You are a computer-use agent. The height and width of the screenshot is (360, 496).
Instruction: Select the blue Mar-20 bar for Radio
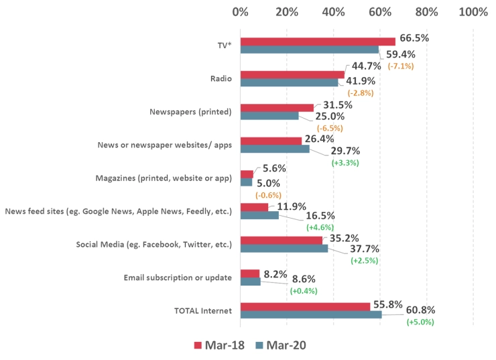pos(289,83)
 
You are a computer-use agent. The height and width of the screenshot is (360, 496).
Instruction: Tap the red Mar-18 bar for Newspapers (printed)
pos(277,108)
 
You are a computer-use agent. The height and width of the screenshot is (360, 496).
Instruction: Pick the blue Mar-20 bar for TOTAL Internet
pos(310,314)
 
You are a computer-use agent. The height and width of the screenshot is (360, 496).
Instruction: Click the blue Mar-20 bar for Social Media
pos(284,249)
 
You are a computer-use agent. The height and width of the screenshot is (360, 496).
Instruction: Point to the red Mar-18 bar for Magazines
pos(247,174)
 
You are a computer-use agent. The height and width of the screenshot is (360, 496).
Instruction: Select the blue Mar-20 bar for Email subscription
pos(250,282)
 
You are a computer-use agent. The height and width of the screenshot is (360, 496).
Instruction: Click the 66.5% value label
pos(414,38)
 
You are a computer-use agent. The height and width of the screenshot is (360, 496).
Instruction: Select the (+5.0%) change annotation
pos(420,322)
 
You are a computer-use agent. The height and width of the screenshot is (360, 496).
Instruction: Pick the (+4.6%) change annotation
pos(321,228)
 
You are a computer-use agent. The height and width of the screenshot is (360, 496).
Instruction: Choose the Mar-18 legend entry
pos(219,345)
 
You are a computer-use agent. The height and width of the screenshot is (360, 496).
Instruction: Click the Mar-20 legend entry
pos(281,345)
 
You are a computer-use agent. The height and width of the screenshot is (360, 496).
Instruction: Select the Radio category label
pos(221,78)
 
